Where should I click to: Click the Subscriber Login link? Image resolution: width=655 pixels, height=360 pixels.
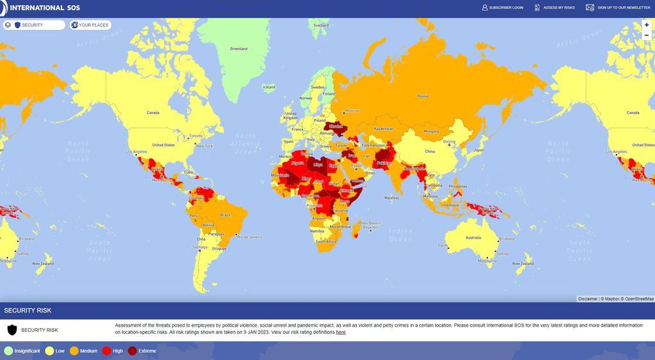point(503,8)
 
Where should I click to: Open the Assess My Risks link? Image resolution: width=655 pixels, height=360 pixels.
point(555,8)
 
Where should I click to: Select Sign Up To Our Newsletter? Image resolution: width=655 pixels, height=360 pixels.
point(619,8)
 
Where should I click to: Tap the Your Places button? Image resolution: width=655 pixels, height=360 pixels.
point(90,25)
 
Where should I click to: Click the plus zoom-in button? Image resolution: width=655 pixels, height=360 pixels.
point(647,25)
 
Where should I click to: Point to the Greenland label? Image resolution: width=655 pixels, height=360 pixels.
point(239,49)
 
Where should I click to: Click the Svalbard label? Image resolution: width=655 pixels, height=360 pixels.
point(321,25)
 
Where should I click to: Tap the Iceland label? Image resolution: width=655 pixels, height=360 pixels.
point(269,87)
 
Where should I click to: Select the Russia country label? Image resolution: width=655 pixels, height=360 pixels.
point(423,96)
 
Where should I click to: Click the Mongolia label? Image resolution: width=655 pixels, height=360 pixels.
point(432,131)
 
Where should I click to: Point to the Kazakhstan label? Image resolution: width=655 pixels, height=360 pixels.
point(383,129)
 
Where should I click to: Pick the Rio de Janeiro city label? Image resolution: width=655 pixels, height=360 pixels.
point(249,237)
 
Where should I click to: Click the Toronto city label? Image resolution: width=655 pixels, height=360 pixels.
point(195,136)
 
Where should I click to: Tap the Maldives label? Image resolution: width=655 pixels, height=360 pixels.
point(392,198)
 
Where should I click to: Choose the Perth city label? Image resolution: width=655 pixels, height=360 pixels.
point(443,246)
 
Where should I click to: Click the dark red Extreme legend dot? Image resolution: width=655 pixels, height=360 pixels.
point(132,351)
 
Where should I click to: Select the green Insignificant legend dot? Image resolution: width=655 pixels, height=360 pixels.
point(8,351)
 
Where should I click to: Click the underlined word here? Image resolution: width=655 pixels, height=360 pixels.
point(341,333)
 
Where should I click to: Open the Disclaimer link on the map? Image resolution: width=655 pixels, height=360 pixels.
point(587,299)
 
